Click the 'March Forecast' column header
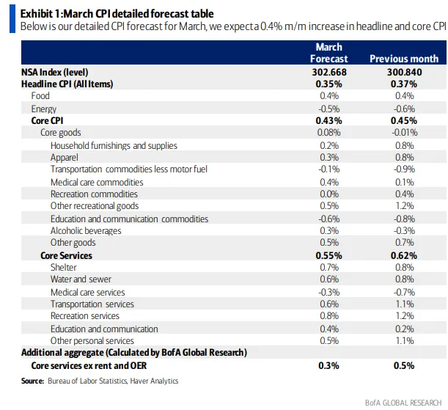click(329, 53)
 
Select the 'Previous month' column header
click(404, 59)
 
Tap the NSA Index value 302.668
click(329, 72)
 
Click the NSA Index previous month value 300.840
click(404, 72)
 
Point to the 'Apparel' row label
click(65, 158)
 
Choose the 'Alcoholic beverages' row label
click(87, 230)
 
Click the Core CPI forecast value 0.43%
click(329, 120)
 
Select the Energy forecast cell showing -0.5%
click(329, 109)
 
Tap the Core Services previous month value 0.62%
click(404, 255)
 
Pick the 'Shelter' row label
click(64, 268)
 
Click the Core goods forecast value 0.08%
click(329, 133)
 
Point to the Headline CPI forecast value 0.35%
click(329, 84)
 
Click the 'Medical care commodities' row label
click(97, 182)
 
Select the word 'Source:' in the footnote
click(33, 381)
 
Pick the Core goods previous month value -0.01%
click(404, 133)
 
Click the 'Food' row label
click(40, 96)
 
